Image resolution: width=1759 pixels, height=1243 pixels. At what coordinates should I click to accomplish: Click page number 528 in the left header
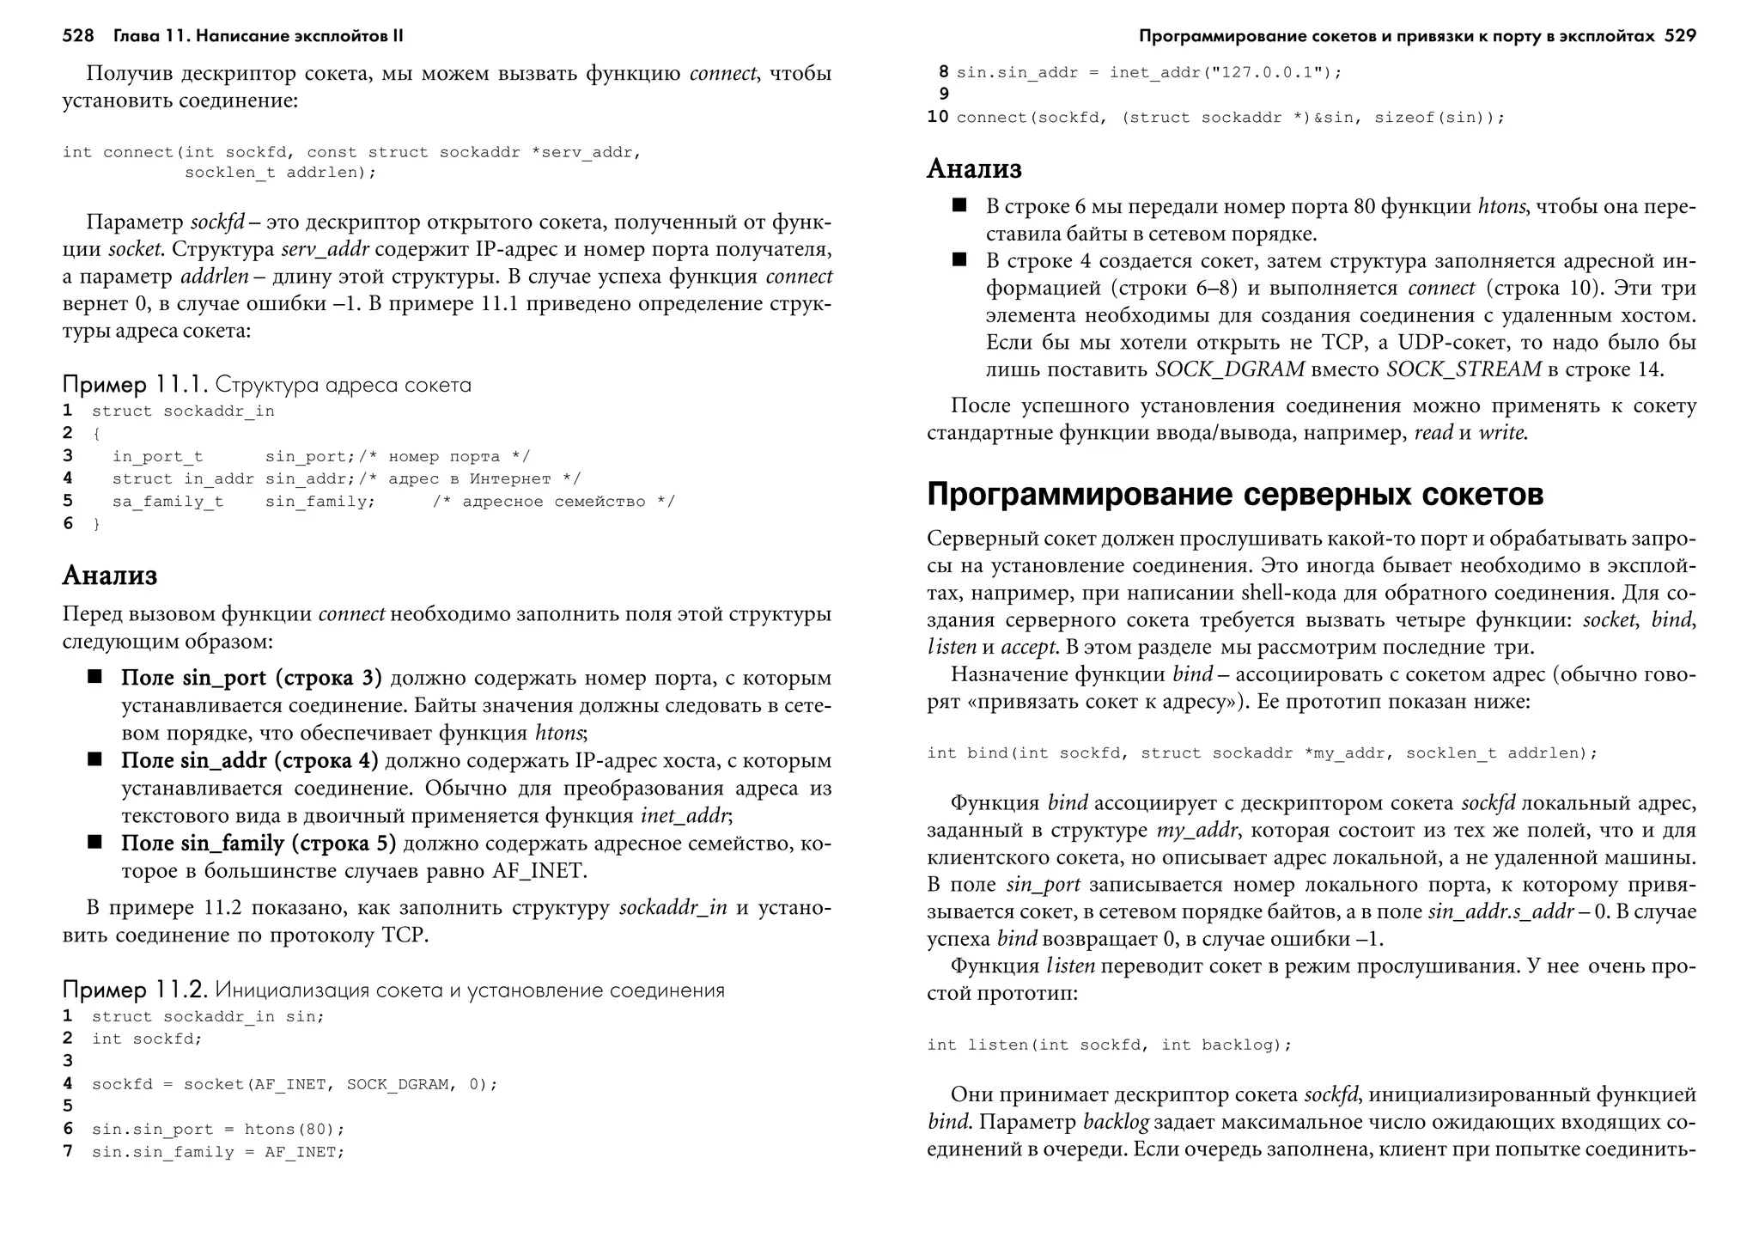(77, 36)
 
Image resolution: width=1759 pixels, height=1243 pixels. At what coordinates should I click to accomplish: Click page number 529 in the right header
(1679, 36)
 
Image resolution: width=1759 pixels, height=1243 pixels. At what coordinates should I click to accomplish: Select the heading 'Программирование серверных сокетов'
(1235, 495)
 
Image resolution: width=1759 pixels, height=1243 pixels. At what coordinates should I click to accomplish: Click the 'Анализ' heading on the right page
(974, 168)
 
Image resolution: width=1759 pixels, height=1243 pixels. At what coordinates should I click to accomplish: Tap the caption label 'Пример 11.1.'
(135, 384)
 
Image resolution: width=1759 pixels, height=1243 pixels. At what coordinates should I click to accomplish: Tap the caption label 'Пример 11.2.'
(135, 990)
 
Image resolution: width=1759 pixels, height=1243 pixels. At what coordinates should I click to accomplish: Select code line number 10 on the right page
(937, 117)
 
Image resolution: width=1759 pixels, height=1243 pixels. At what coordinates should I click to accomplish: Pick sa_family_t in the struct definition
(167, 502)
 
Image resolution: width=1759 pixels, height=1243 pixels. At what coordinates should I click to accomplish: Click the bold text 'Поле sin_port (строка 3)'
(252, 678)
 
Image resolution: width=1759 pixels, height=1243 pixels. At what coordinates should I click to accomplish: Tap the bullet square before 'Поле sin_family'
(94, 842)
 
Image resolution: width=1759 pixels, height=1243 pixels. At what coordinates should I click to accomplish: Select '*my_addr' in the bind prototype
(1345, 753)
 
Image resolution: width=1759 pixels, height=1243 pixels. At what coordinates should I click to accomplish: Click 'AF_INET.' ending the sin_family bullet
(539, 870)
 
